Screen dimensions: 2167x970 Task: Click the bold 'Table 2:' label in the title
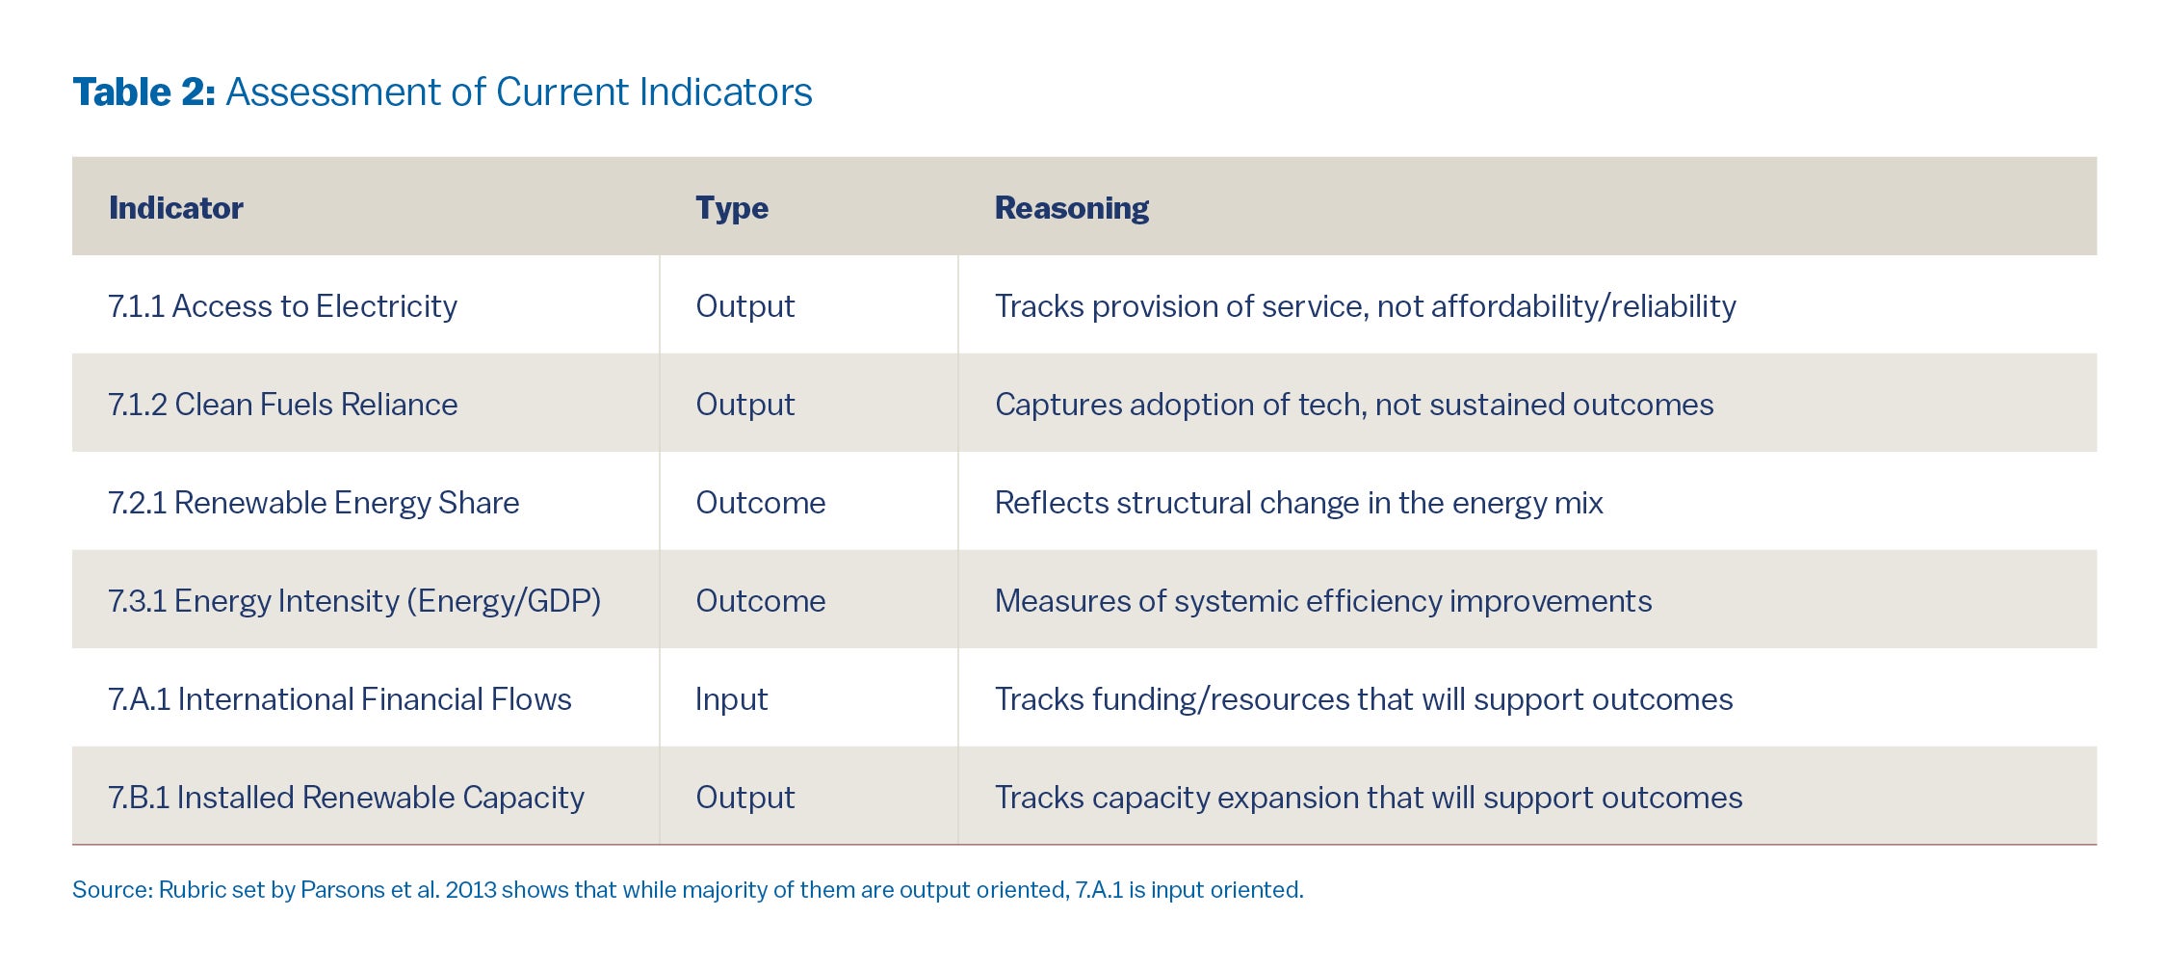pyautogui.click(x=144, y=92)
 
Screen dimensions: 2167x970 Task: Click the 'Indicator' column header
pyautogui.click(x=176, y=208)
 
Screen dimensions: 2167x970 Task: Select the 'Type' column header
pyautogui.click(x=732, y=209)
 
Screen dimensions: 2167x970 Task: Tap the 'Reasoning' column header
pyautogui.click(x=1072, y=209)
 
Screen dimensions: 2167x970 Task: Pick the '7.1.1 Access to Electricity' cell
pyautogui.click(x=283, y=306)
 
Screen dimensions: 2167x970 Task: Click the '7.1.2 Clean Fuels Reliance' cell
pyautogui.click(x=283, y=405)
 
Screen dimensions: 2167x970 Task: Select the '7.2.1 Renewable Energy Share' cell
pyautogui.click(x=314, y=503)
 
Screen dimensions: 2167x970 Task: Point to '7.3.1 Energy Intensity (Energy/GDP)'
pyautogui.click(x=354, y=601)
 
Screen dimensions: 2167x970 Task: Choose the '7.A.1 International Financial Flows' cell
pyautogui.click(x=340, y=699)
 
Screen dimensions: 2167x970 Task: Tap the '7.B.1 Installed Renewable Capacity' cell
pyautogui.click(x=347, y=798)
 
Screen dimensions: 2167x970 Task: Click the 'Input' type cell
pyautogui.click(x=732, y=700)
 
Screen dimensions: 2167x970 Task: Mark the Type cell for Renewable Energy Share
pyautogui.click(x=761, y=503)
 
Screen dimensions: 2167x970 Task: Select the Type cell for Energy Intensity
pyautogui.click(x=761, y=601)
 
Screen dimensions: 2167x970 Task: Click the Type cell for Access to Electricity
pyautogui.click(x=745, y=306)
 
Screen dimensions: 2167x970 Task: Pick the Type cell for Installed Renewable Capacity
pyautogui.click(x=745, y=798)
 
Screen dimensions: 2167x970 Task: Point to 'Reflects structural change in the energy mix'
pyautogui.click(x=1299, y=503)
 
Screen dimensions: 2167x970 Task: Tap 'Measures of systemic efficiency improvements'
pyautogui.click(x=1323, y=601)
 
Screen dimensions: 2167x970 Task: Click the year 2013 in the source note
pyautogui.click(x=471, y=890)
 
